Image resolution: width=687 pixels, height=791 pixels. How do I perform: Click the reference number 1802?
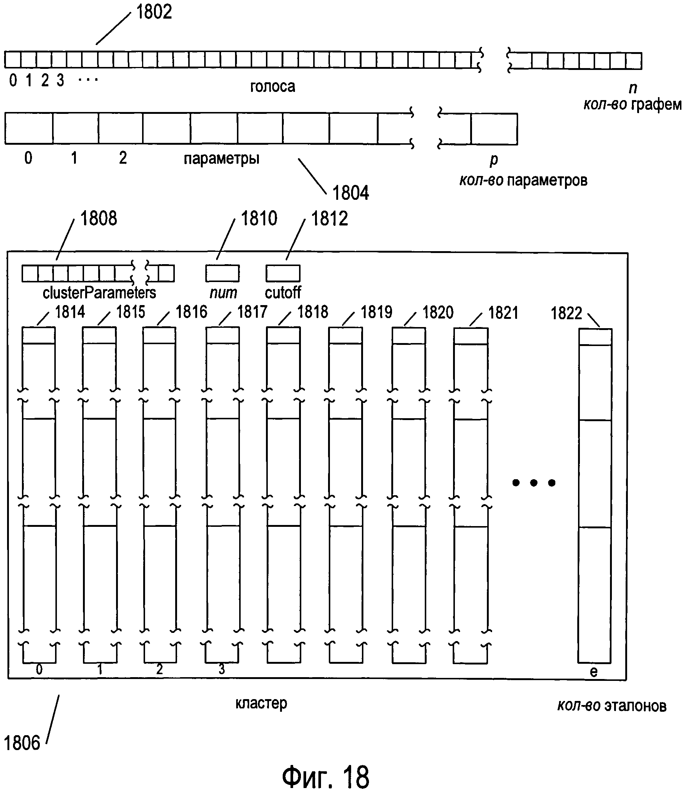click(154, 12)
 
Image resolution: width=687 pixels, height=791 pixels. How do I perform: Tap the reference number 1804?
click(350, 193)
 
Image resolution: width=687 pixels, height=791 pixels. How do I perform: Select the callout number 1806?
click(22, 743)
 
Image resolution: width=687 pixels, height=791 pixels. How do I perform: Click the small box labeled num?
click(222, 273)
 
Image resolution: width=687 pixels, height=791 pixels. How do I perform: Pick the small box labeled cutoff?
click(283, 273)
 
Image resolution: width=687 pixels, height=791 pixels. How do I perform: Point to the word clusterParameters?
click(99, 293)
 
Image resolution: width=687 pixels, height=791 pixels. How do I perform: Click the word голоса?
click(273, 87)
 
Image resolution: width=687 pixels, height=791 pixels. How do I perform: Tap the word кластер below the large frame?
click(261, 703)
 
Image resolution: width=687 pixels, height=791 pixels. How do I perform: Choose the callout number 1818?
click(313, 312)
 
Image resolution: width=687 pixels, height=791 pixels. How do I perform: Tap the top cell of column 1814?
click(38, 336)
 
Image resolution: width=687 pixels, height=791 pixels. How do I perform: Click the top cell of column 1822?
click(595, 337)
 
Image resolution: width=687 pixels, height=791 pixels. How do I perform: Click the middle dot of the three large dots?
click(534, 483)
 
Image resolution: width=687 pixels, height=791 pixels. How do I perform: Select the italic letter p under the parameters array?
click(494, 160)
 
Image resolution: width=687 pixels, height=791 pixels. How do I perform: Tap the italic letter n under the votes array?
click(633, 88)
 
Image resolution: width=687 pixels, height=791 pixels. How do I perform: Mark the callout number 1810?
click(259, 218)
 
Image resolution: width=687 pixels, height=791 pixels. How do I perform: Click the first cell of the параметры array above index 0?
click(29, 128)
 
